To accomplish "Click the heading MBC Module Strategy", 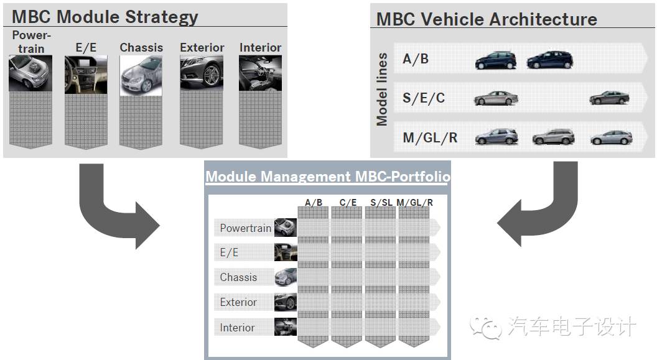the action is (x=105, y=17).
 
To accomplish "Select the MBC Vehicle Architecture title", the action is (x=487, y=19).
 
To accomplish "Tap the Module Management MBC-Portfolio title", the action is (x=328, y=177).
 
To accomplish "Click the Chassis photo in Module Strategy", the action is (x=141, y=75).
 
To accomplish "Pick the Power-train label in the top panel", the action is (x=30, y=42).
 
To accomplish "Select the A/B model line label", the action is (x=416, y=59).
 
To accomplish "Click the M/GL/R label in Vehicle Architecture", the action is (x=430, y=137).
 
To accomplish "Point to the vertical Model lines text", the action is (x=382, y=90).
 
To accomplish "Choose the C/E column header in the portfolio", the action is (x=347, y=202).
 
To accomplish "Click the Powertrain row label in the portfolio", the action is (x=245, y=228).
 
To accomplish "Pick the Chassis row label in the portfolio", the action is (x=238, y=277).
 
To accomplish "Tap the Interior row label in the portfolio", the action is (x=237, y=328).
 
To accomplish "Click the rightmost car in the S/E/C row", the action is (x=609, y=98).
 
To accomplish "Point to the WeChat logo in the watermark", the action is (x=486, y=326).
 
